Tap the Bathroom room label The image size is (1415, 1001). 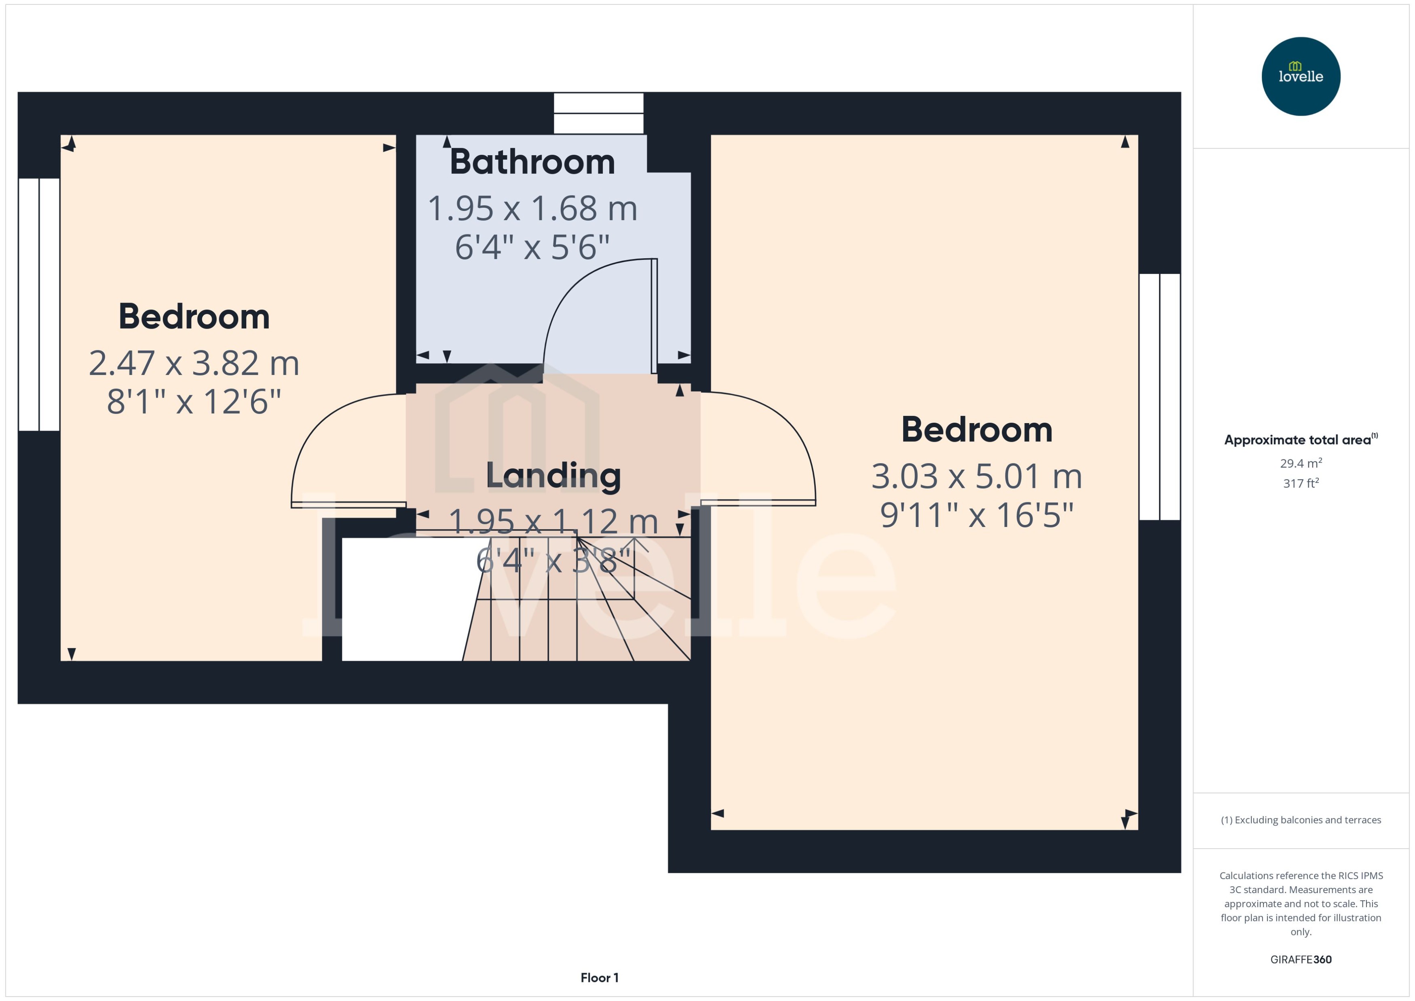(x=532, y=162)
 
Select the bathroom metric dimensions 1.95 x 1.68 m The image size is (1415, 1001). (x=532, y=209)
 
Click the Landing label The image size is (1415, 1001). (x=553, y=476)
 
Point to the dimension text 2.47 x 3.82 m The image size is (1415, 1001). (x=194, y=363)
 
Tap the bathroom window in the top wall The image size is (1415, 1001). (x=598, y=114)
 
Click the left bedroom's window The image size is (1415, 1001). (x=39, y=304)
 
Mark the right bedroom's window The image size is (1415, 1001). (x=1159, y=397)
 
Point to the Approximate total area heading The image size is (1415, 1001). (x=1298, y=440)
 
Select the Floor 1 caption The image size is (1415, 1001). (x=599, y=978)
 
